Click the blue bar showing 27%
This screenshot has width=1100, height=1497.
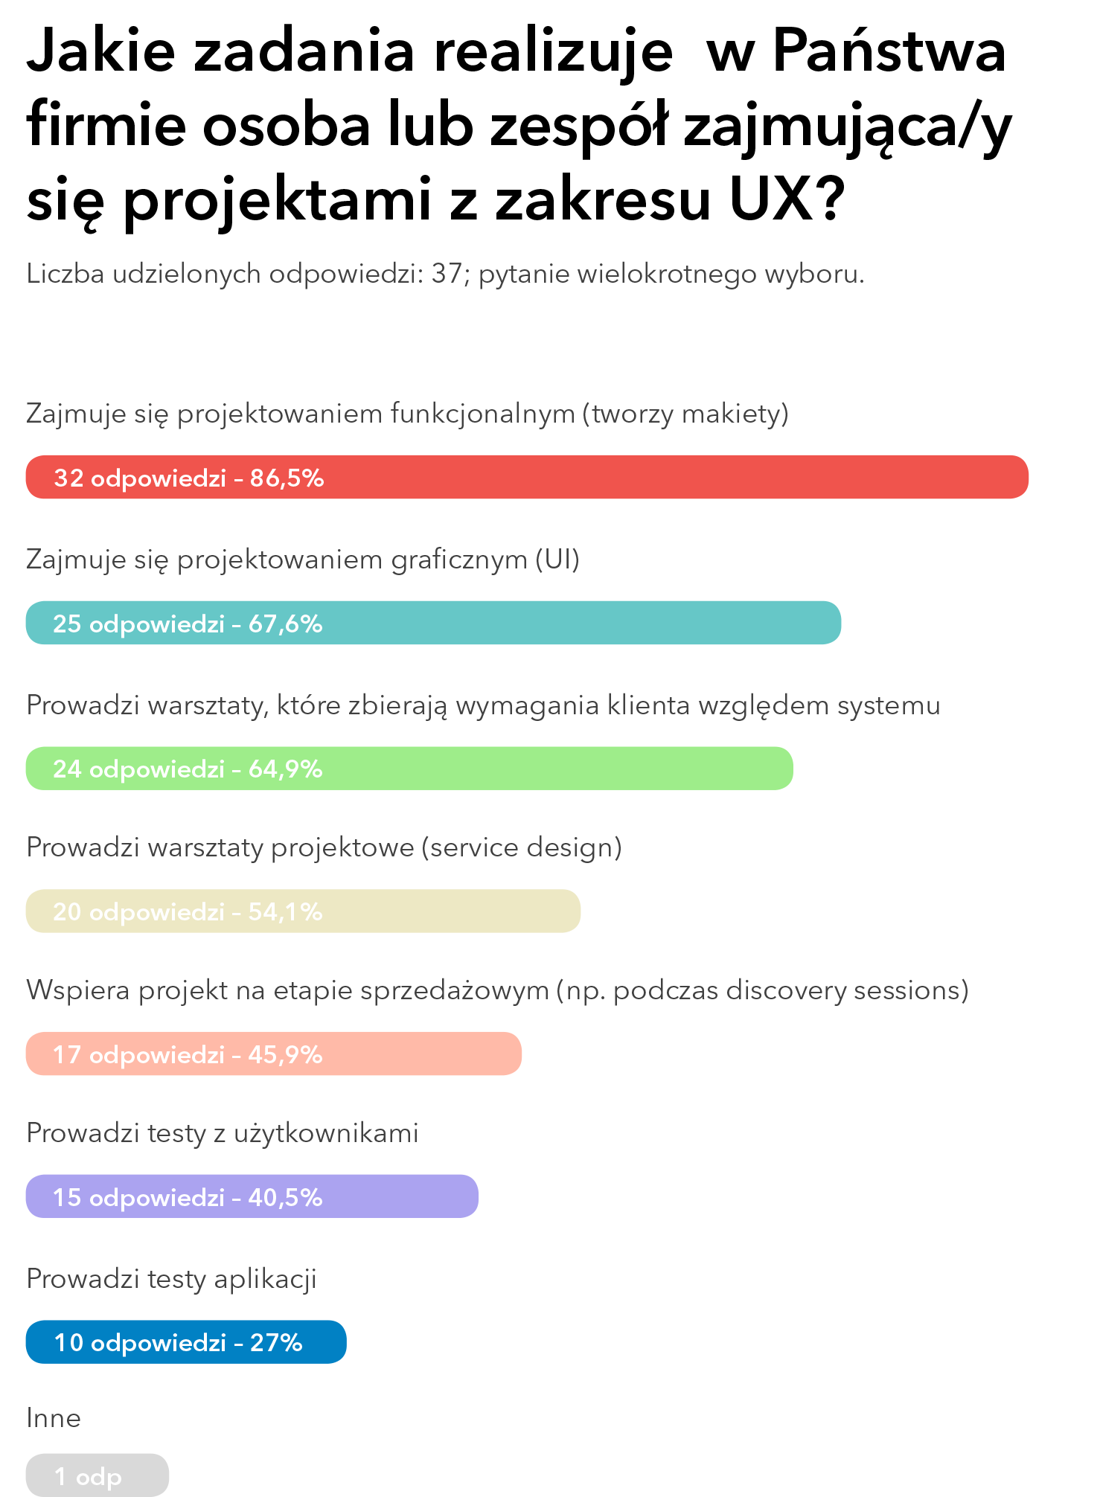(186, 1342)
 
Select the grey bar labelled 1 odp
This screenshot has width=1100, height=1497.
(97, 1475)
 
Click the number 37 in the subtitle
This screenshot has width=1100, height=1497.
(447, 274)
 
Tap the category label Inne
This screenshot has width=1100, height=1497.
(54, 1418)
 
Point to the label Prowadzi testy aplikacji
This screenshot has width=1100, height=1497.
(171, 1279)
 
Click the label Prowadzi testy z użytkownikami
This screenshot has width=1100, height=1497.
(222, 1133)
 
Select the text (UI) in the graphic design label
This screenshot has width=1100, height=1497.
(557, 560)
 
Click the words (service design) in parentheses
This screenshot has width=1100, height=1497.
(522, 847)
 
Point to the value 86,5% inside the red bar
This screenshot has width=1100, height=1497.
(287, 478)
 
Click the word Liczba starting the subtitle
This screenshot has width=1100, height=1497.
(65, 274)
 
